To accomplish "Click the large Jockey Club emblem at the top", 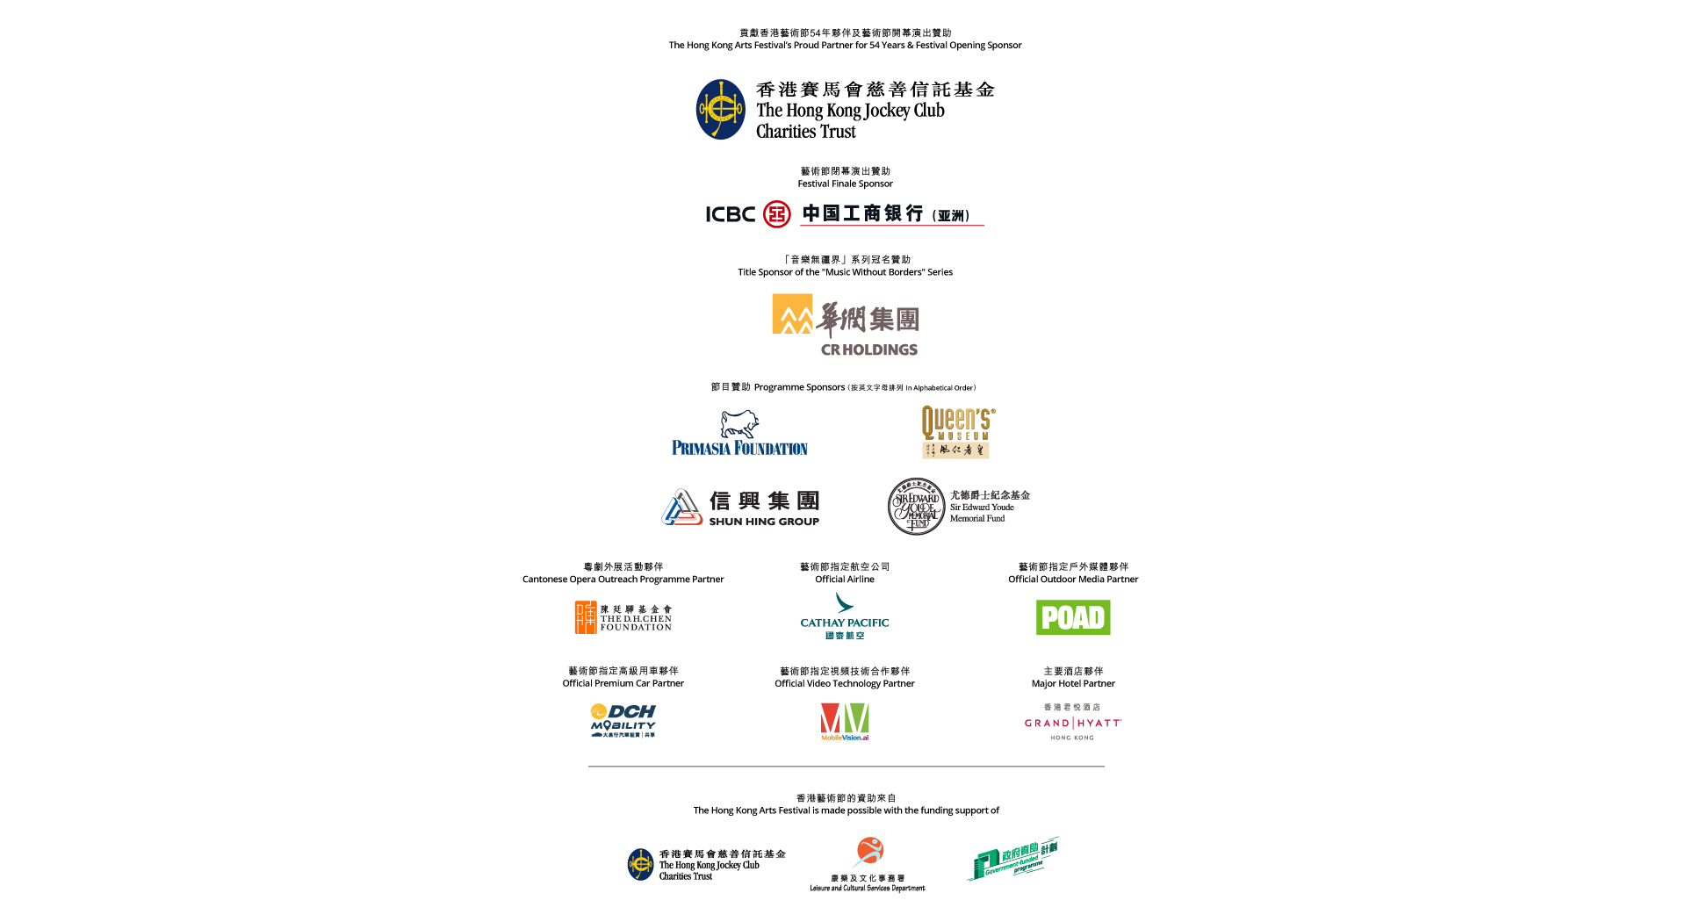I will tap(720, 110).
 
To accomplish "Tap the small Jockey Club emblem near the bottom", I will tap(640, 864).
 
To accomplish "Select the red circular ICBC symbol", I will tap(777, 213).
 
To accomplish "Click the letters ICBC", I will tap(730, 214).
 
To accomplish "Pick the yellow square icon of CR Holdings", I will tap(792, 313).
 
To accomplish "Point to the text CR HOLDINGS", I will tap(869, 349).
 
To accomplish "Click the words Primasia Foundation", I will tap(739, 448).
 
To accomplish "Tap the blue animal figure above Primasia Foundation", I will tap(739, 423).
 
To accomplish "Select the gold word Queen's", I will tap(957, 419).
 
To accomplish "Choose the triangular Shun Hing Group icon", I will tap(682, 508).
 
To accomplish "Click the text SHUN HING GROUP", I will tap(764, 522).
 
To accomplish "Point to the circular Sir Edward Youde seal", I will tap(916, 507).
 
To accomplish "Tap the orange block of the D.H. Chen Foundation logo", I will tap(585, 617).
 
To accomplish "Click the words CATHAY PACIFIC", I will tap(845, 623).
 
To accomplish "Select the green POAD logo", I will tap(1073, 617).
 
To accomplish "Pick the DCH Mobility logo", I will tap(623, 720).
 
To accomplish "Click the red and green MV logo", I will tap(845, 720).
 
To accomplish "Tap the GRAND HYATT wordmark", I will tap(1072, 723).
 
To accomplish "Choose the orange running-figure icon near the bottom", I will tap(868, 851).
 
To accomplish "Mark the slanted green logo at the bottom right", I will tap(1013, 858).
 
